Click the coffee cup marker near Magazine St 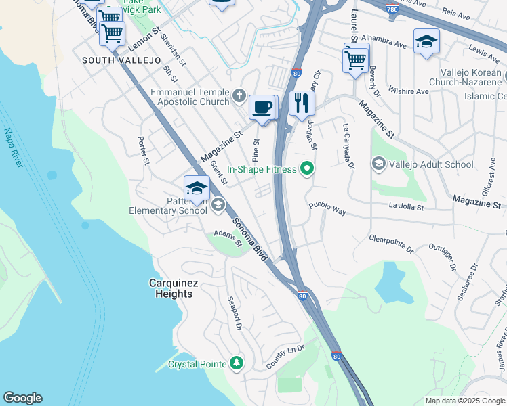pos(262,108)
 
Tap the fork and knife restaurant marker pos(302,104)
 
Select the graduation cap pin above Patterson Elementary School pos(196,188)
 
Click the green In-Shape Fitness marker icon pos(307,168)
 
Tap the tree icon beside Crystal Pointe pos(236,364)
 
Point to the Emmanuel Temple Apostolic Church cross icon pos(239,96)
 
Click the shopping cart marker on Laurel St pos(356,60)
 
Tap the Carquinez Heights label pos(171,288)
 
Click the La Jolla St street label pos(406,206)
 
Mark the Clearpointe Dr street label pos(391,244)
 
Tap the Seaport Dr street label pos(235,314)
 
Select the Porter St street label pos(143,151)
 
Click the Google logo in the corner pos(22,398)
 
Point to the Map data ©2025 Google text pos(464,401)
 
